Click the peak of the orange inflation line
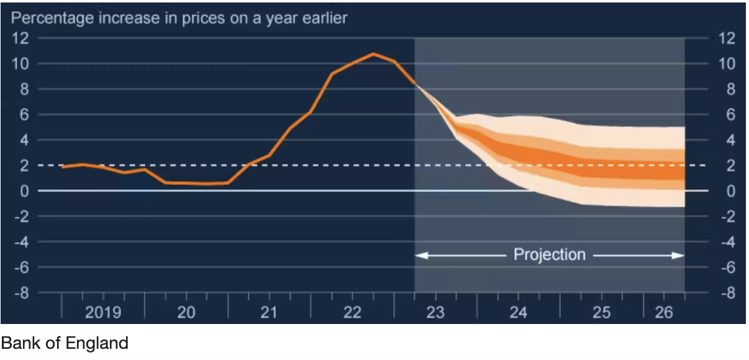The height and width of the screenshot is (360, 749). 373,54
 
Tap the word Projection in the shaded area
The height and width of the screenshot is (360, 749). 549,254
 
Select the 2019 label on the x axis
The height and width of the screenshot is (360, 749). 103,312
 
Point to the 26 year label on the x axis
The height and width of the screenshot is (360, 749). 663,312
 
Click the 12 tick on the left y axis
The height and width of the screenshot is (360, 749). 21,38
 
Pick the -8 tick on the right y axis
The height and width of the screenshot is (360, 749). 726,293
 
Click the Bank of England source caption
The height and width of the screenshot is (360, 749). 64,343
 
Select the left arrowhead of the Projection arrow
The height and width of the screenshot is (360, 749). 419,255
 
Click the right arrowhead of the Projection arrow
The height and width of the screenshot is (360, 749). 680,255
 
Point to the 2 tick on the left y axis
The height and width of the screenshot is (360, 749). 25,166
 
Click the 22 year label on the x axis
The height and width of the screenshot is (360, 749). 352,312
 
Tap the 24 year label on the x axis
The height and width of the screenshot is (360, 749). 518,312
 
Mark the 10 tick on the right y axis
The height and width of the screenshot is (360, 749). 727,64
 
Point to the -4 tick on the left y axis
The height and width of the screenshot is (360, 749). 21,242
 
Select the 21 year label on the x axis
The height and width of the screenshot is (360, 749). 269,312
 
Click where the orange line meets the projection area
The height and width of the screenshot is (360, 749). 415,83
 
